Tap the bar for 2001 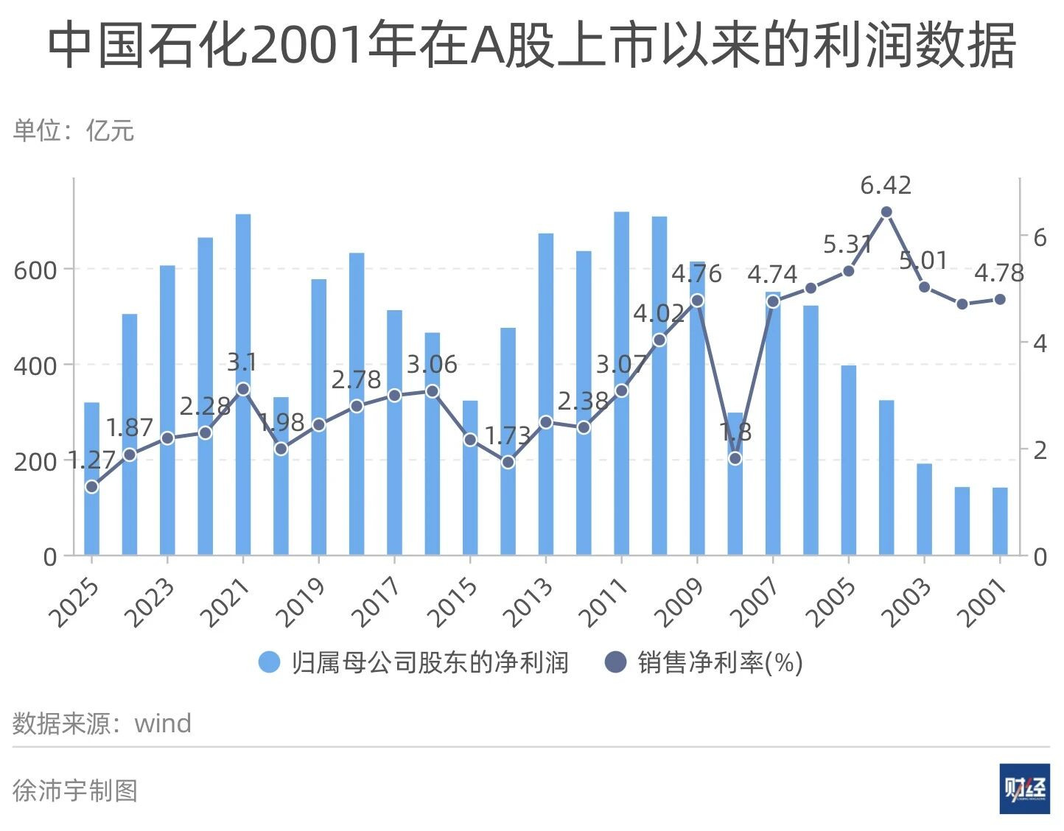[1000, 521]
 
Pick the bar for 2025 [91, 479]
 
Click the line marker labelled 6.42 [886, 212]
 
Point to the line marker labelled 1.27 [91, 486]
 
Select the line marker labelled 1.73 [508, 463]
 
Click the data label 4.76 [696, 274]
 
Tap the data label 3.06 [432, 364]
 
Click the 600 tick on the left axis [35, 270]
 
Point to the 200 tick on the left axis [35, 462]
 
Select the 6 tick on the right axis [1040, 237]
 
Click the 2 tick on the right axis [1040, 449]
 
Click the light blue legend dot [270, 662]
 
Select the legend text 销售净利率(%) [720, 662]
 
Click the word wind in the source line [163, 723]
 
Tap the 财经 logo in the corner [1024, 789]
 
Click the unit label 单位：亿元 [74, 130]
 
